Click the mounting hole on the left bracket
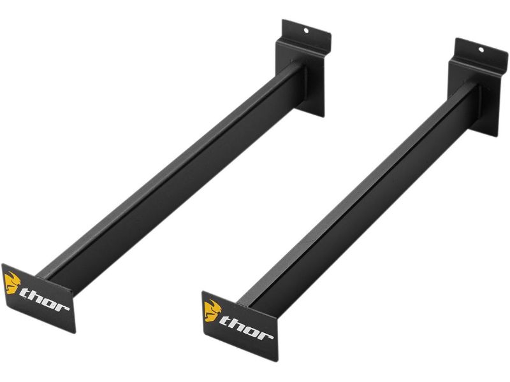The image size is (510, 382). pos(306,31)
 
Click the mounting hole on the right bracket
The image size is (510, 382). pos(481,50)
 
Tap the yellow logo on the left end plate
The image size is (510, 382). pos(12,283)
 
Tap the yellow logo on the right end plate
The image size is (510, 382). pos(212,311)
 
